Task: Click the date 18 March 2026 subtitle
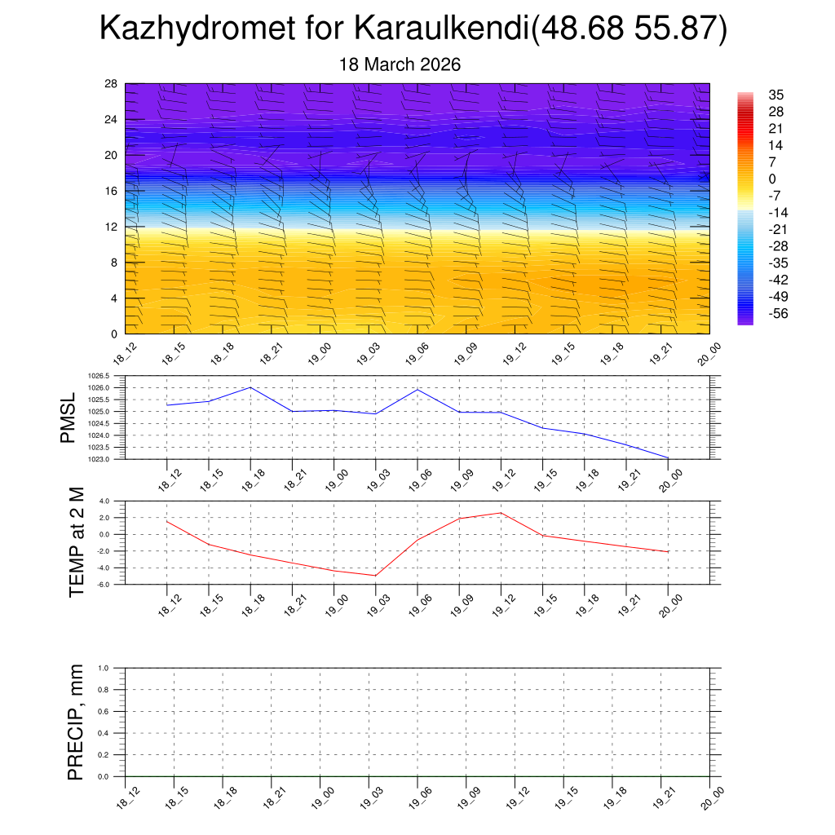coord(400,64)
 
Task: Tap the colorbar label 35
coord(776,95)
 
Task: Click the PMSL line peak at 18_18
coord(250,387)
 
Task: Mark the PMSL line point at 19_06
coord(417,389)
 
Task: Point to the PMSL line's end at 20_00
coord(668,457)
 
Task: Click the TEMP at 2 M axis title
coord(77,541)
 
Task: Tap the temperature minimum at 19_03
coord(376,576)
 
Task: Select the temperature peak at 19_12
coord(501,513)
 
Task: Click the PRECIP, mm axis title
coord(76,722)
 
